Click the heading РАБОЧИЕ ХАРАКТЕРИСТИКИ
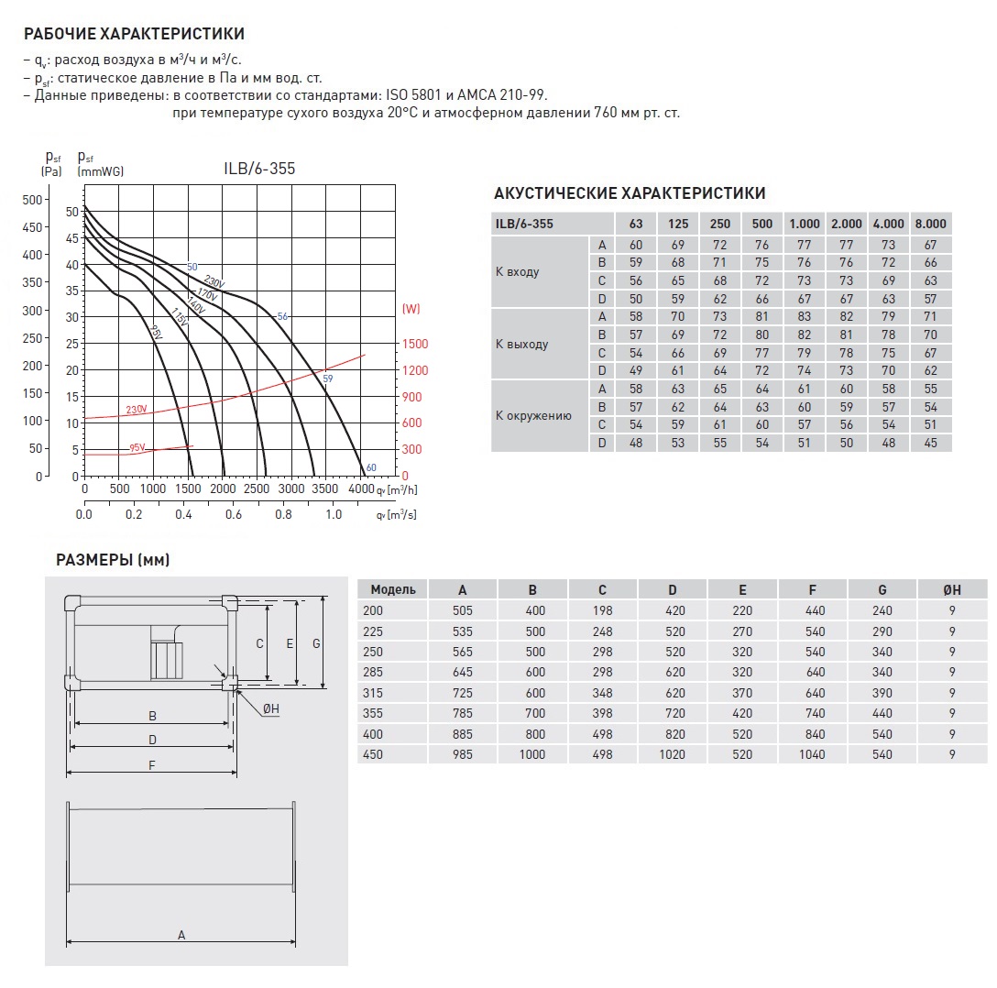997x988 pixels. click(x=134, y=35)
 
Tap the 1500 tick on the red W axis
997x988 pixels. click(x=416, y=344)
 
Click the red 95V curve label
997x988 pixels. click(x=137, y=447)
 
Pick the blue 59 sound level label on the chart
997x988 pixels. click(x=328, y=377)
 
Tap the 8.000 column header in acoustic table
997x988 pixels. click(x=930, y=224)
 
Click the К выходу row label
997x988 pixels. click(x=521, y=345)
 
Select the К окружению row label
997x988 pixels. click(x=533, y=415)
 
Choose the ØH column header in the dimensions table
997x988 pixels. click(x=952, y=590)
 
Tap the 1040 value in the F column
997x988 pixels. click(x=812, y=754)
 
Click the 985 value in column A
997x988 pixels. click(x=462, y=754)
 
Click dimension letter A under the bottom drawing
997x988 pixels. click(x=181, y=935)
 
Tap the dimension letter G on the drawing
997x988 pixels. click(x=315, y=643)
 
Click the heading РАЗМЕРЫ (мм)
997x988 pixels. click(x=113, y=560)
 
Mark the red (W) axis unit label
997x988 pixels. click(x=411, y=309)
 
